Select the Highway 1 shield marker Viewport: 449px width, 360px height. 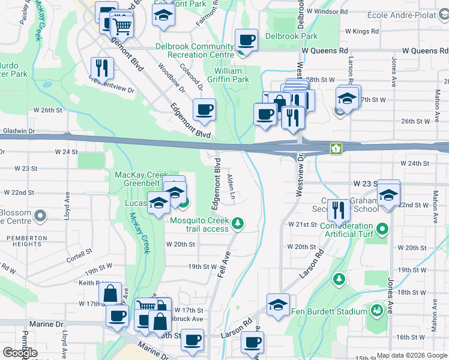pyautogui.click(x=336, y=148)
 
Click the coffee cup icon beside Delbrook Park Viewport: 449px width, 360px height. pyautogui.click(x=246, y=41)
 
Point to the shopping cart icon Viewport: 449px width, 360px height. pyautogui.click(x=122, y=26)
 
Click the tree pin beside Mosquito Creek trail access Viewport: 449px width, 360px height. pyautogui.click(x=238, y=224)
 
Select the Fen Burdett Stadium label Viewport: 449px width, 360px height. pyautogui.click(x=329, y=311)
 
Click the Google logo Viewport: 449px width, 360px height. pyautogui.click(x=20, y=353)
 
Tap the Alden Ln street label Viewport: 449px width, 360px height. pyautogui.click(x=232, y=187)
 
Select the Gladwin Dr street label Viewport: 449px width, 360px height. pyautogui.click(x=19, y=131)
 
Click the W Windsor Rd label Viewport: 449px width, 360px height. pyautogui.click(x=326, y=11)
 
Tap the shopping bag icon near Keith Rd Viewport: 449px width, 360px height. pyautogui.click(x=110, y=294)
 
